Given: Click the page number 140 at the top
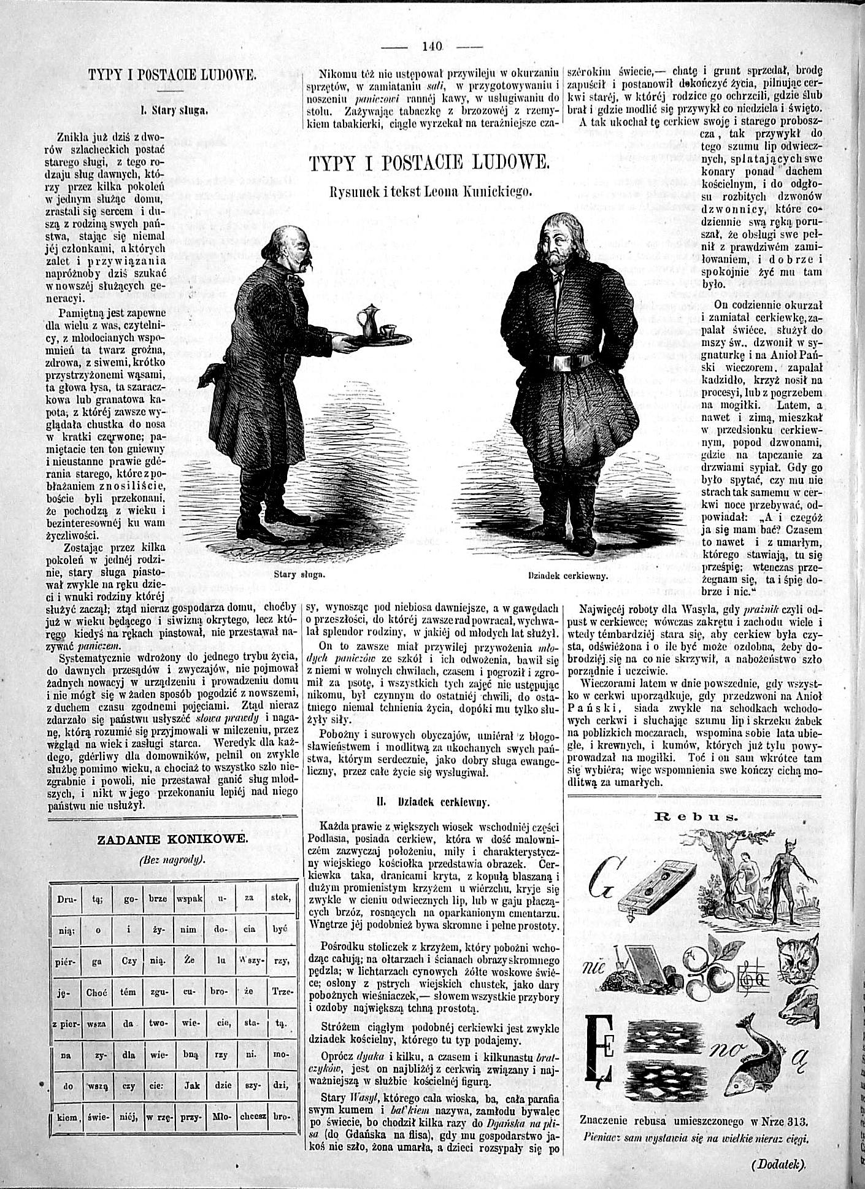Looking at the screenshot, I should point(433,45).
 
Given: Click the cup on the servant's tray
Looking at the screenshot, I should point(388,332).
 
